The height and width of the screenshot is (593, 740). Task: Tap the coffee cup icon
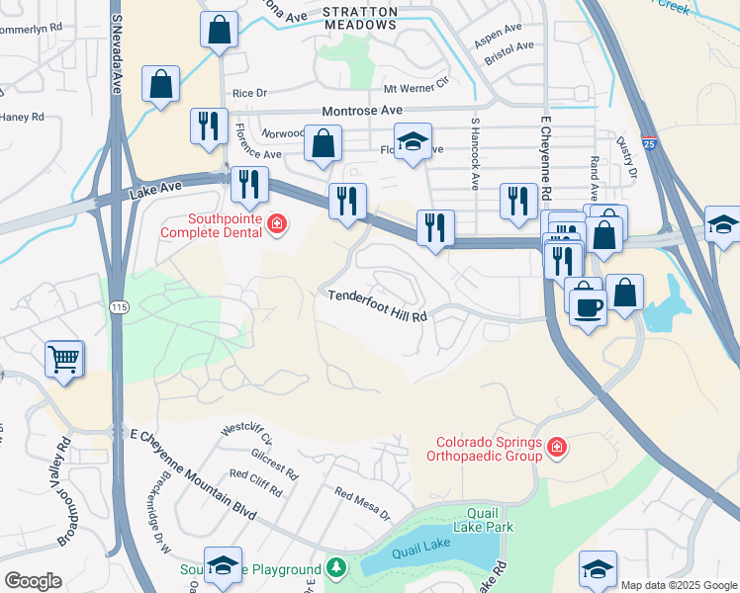click(588, 307)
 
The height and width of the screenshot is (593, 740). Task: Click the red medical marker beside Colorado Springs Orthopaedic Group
click(557, 449)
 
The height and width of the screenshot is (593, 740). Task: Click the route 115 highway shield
click(120, 308)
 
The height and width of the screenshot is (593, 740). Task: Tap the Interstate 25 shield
click(649, 144)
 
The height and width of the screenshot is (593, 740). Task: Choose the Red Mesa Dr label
click(362, 504)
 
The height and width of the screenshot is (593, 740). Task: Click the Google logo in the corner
click(33, 580)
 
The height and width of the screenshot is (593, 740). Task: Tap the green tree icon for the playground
click(336, 568)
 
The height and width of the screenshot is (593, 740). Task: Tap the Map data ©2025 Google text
click(679, 585)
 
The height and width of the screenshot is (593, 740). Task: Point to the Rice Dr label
click(249, 94)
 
